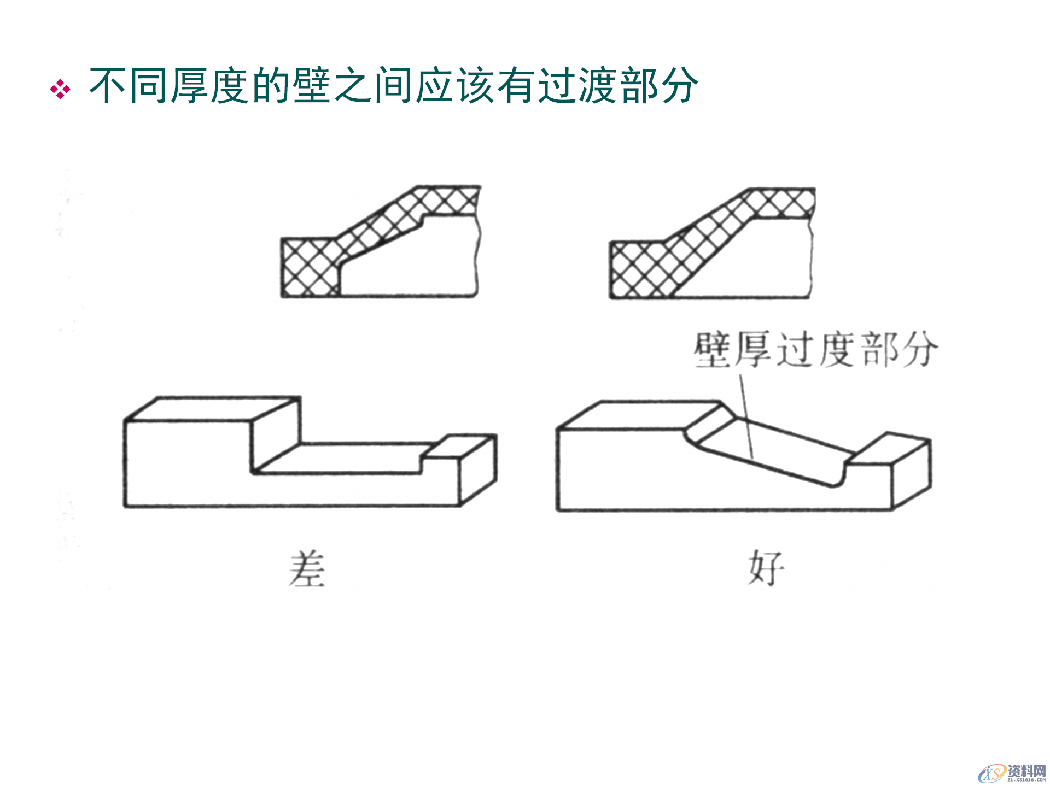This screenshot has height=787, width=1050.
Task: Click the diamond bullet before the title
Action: click(x=60, y=89)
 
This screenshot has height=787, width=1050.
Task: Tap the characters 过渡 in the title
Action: click(x=578, y=86)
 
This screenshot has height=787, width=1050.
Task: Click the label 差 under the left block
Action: click(x=307, y=569)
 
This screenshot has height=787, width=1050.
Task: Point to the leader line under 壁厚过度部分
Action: click(x=746, y=415)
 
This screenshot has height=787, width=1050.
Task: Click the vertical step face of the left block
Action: click(x=276, y=437)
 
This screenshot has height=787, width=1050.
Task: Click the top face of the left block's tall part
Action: click(x=213, y=409)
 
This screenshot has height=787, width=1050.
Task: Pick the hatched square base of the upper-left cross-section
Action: click(x=309, y=268)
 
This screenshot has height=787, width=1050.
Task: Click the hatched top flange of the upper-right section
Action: click(x=782, y=203)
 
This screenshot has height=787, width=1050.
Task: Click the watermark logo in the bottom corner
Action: click(x=1012, y=773)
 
